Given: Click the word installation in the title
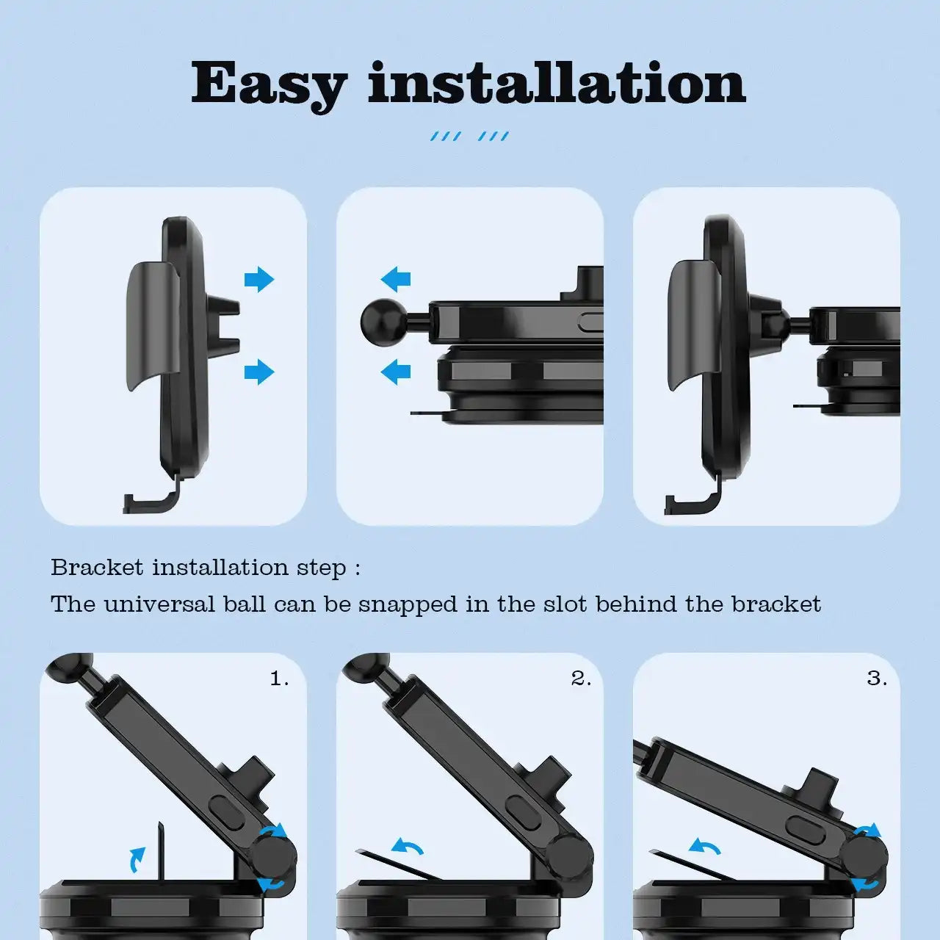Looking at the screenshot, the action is click(557, 82).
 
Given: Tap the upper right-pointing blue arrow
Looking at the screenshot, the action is click(259, 280).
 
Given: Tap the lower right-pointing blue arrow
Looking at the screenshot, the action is click(259, 372).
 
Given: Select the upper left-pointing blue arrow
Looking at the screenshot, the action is click(396, 280).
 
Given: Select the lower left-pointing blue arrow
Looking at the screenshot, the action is click(396, 372).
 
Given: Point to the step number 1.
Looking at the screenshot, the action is click(279, 678).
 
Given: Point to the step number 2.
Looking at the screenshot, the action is click(580, 678).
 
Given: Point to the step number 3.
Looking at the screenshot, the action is click(877, 678).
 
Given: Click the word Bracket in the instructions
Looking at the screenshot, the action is click(97, 568).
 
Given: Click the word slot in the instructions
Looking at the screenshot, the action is click(565, 604).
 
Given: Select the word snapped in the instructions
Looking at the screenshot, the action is click(408, 605).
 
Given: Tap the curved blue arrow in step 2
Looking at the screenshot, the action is click(408, 846).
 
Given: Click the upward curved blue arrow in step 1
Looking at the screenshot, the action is click(137, 859).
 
